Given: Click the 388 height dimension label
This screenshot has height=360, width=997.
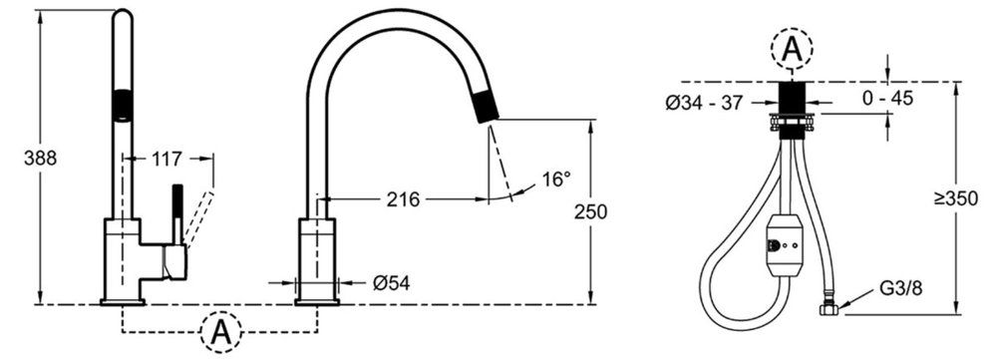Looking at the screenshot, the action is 40,159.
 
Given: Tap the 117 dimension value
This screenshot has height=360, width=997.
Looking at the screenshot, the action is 166,159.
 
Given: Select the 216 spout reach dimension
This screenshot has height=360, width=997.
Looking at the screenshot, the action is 404,199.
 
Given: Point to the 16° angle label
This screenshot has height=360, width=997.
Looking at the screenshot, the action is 557,180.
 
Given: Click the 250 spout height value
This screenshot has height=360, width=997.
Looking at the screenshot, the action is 590,211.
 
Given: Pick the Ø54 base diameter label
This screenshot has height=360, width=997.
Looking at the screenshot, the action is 391,283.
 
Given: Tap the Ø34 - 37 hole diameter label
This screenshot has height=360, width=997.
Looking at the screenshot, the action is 704,103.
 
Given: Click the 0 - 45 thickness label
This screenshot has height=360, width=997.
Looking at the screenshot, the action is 887,98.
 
